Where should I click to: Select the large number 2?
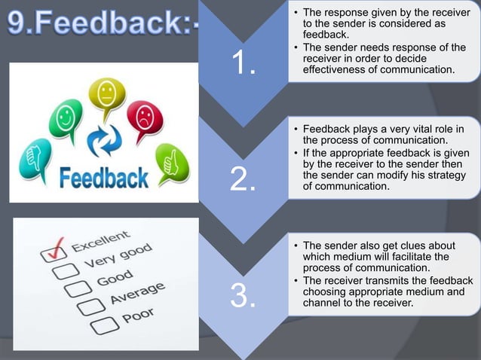[243, 180]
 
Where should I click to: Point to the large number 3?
[243, 296]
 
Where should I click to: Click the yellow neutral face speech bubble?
[106, 95]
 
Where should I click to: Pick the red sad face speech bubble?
[144, 117]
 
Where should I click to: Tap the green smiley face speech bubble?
[66, 119]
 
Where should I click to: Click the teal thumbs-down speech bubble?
[31, 154]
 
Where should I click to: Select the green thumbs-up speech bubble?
[171, 160]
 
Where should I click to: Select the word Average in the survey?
[137, 294]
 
